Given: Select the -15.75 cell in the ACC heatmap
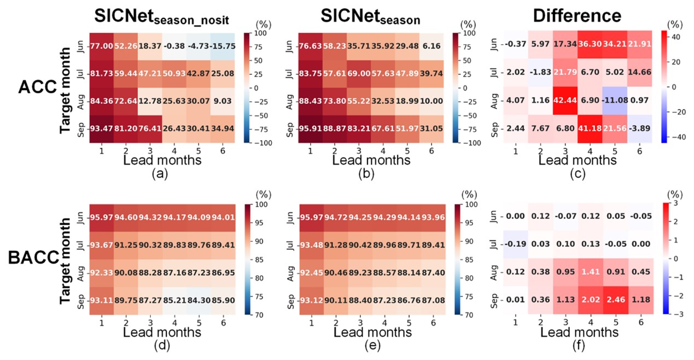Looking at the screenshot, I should tap(224, 48).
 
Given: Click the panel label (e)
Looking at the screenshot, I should tap(371, 347).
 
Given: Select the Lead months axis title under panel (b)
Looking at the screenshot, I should tap(371, 160).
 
